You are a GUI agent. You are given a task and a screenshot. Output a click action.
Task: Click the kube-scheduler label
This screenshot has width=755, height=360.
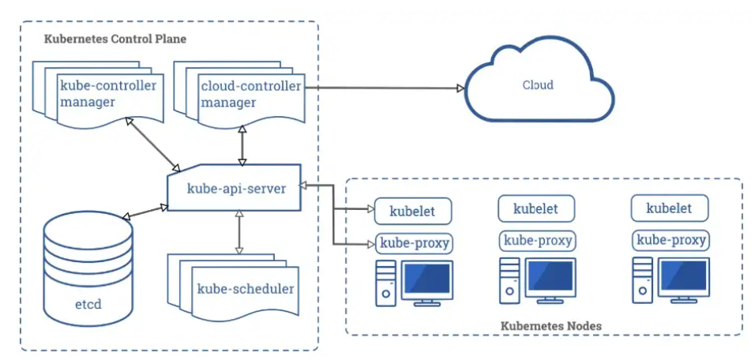(x=245, y=289)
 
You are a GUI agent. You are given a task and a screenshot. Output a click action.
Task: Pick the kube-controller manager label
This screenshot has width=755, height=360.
(x=108, y=94)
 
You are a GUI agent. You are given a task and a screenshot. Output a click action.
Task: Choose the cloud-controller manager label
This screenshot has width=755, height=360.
(x=251, y=94)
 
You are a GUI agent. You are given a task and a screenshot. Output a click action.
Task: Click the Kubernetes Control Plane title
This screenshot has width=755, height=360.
(x=115, y=39)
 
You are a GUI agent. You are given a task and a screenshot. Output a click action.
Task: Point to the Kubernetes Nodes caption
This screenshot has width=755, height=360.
(x=550, y=326)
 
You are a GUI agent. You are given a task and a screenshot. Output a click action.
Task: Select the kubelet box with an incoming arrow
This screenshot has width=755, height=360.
(x=413, y=211)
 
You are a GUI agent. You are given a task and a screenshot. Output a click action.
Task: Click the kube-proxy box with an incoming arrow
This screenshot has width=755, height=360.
(x=415, y=243)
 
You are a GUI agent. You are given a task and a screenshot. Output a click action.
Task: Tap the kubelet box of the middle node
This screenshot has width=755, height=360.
(x=536, y=208)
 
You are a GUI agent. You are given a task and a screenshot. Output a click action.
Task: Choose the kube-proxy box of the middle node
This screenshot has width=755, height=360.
(x=538, y=241)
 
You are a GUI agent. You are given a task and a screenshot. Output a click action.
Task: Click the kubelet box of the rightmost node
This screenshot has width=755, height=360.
(x=669, y=208)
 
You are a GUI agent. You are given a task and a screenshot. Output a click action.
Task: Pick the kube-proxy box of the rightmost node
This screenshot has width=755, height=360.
(x=670, y=240)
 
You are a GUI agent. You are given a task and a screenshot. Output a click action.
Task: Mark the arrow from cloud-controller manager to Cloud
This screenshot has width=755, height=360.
(x=385, y=88)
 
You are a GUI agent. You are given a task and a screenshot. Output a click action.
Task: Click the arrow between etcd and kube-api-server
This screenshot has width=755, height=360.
(x=145, y=212)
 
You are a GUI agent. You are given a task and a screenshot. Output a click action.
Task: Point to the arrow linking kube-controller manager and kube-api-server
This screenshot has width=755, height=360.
(x=152, y=144)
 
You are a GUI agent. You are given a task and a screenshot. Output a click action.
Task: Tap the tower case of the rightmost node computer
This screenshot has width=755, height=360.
(x=642, y=280)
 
